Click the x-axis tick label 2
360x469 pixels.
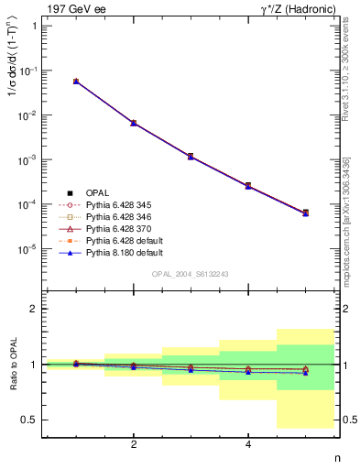tap(134, 444)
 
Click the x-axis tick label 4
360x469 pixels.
tap(248, 444)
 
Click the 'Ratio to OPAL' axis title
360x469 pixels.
tap(12, 365)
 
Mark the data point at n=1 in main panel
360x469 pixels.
tap(76, 82)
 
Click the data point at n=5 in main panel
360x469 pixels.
tap(306, 213)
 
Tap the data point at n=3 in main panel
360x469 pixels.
tap(191, 157)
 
